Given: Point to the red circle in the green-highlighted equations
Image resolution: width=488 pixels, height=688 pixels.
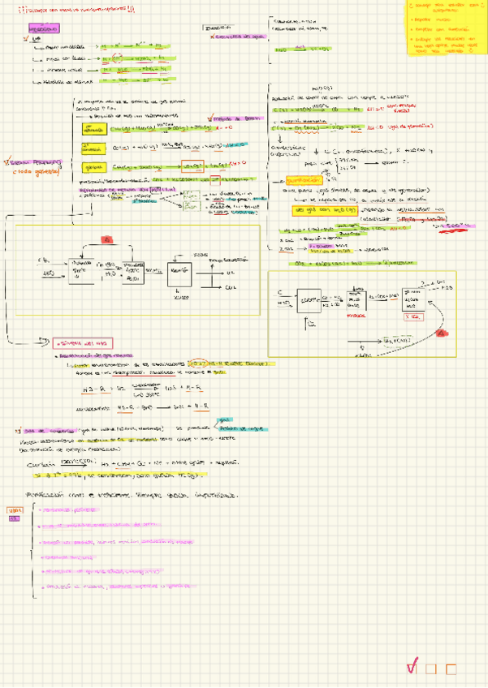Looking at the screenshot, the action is coord(117,58).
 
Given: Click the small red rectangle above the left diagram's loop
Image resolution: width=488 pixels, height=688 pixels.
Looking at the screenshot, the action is coord(106,239).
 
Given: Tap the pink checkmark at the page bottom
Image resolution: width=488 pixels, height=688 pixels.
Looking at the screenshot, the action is coord(412,668).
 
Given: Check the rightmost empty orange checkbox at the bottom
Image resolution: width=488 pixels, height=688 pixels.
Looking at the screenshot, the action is coord(451,669).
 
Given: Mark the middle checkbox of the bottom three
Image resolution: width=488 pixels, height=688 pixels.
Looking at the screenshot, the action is coord(432,669).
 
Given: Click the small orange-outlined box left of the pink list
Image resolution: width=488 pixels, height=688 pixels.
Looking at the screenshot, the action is coord(13,510).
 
